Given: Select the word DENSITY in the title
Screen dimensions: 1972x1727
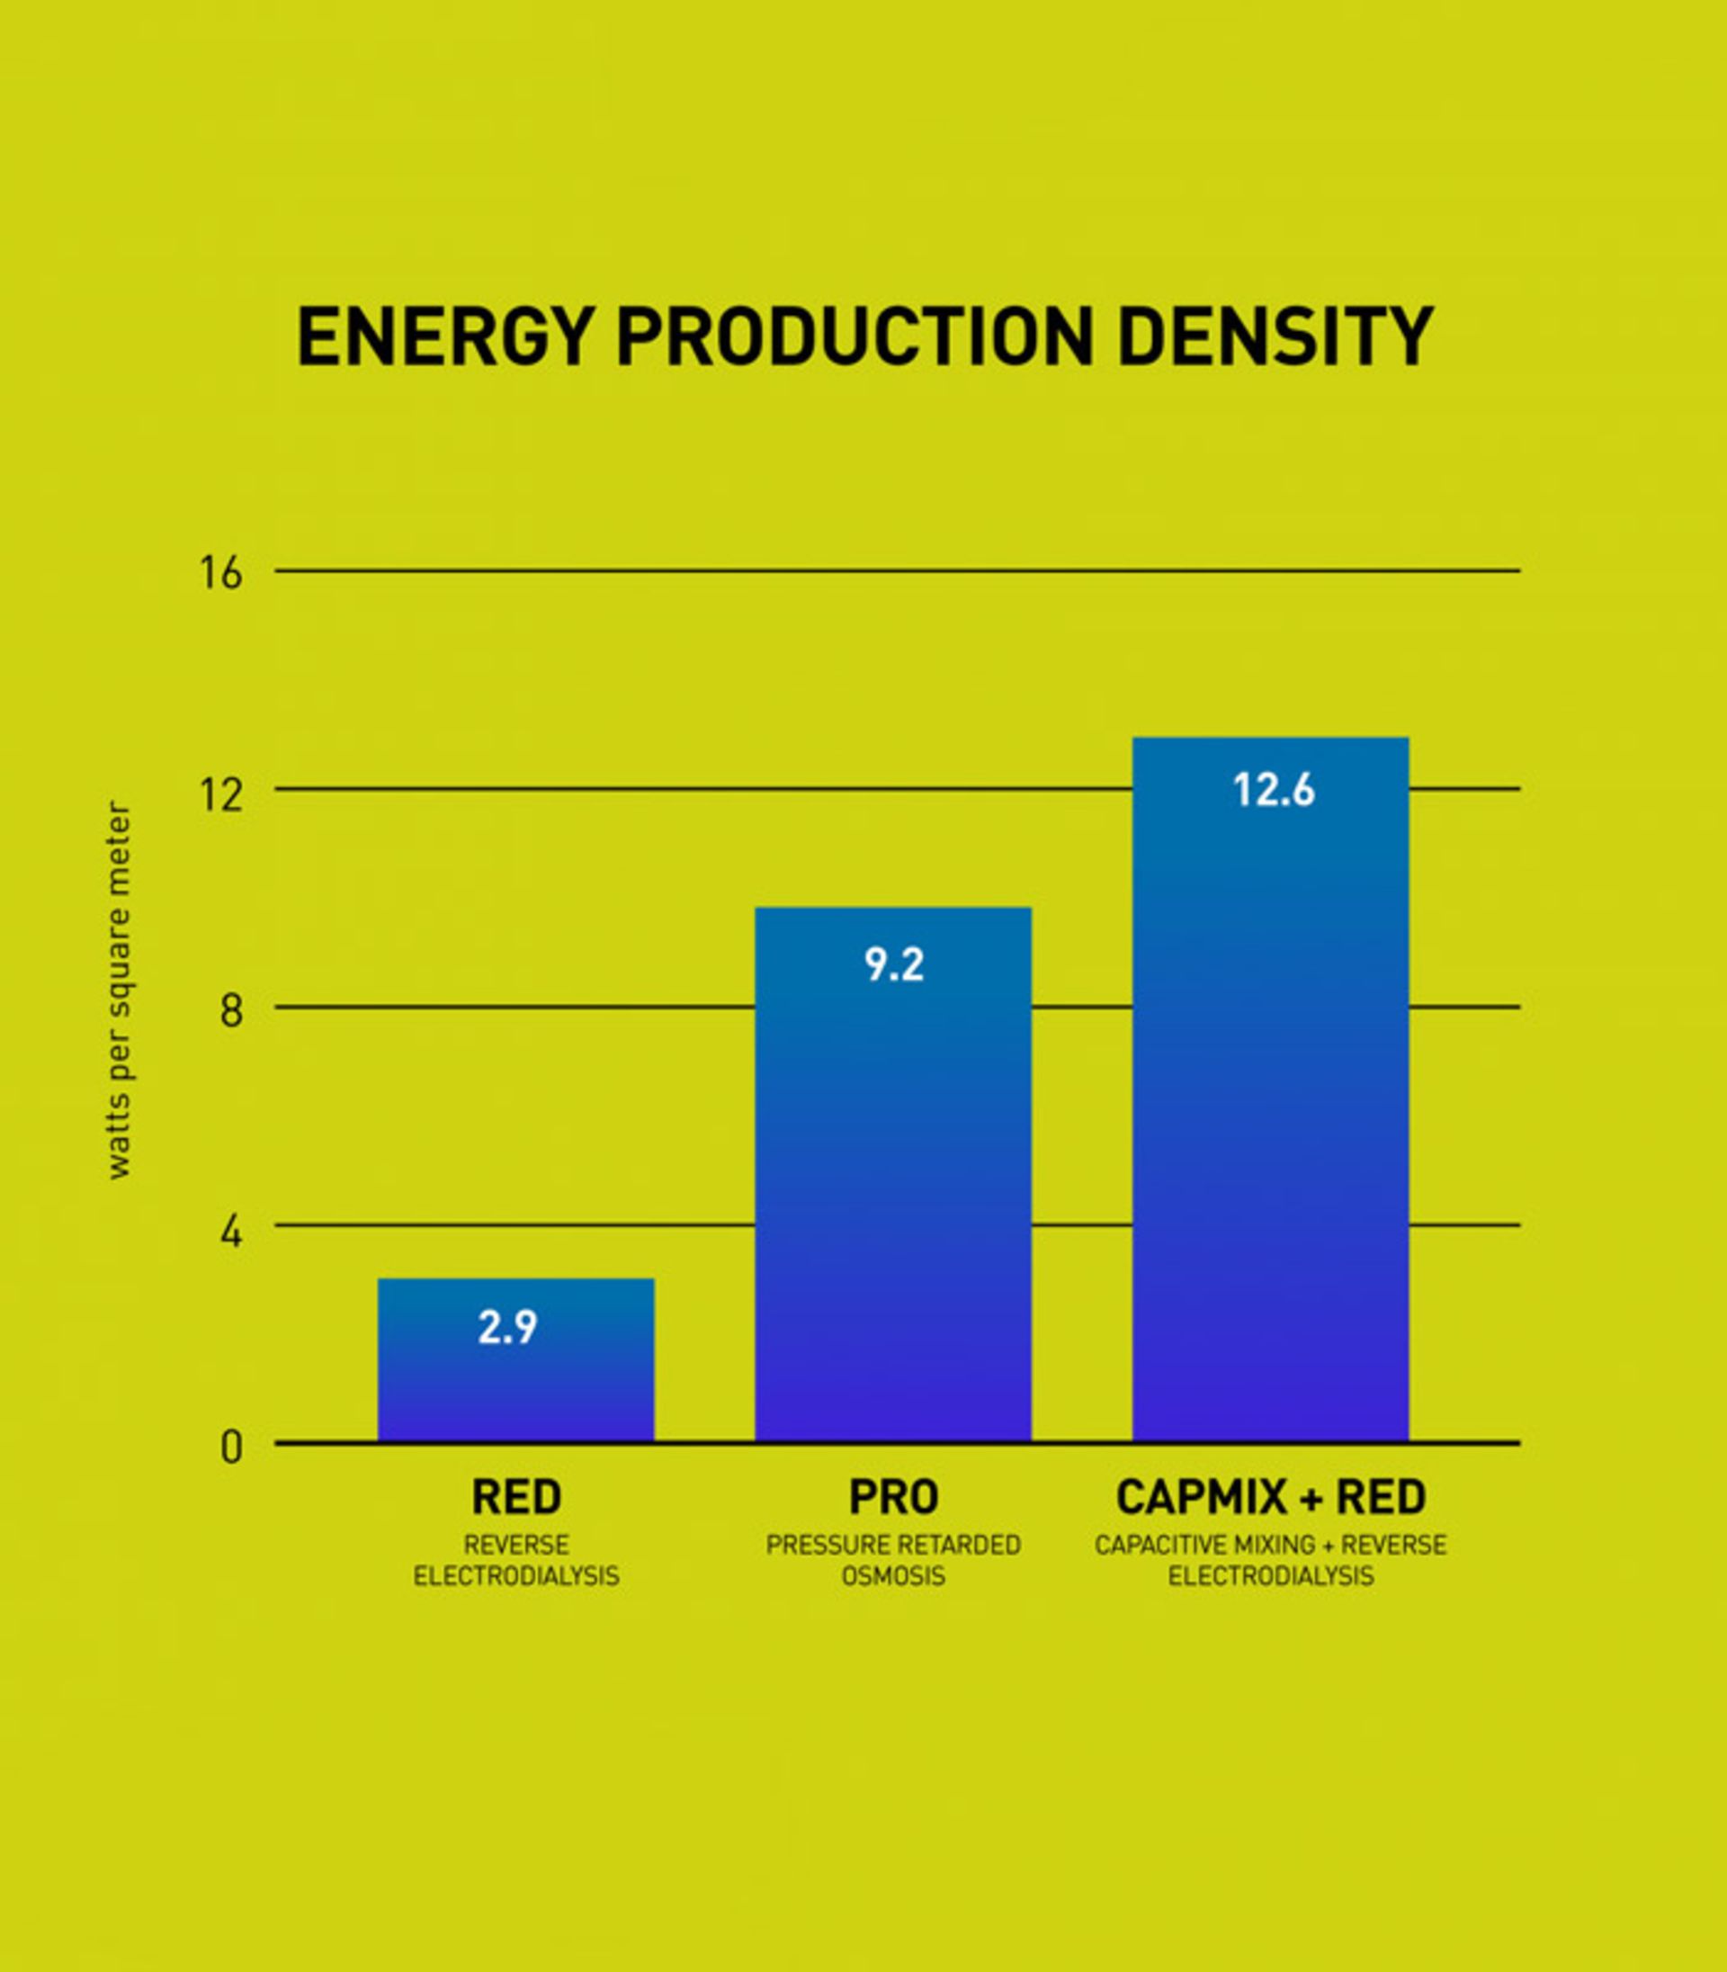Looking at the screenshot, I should [x=1275, y=337].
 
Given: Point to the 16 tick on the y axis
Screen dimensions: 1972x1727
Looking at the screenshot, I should [x=220, y=573].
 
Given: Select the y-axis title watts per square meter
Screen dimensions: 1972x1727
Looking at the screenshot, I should [x=118, y=990].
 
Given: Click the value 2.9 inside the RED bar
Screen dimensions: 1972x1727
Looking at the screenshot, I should [x=507, y=1328].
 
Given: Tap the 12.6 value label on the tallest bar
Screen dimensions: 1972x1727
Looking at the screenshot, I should [x=1274, y=791].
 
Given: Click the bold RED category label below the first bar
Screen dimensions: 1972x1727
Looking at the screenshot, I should [x=515, y=1498].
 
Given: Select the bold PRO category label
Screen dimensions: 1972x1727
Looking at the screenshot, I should [x=893, y=1498].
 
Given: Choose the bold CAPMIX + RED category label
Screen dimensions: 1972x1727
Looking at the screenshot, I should [x=1270, y=1498].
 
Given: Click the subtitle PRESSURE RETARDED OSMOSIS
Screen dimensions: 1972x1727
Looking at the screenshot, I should [x=893, y=1562].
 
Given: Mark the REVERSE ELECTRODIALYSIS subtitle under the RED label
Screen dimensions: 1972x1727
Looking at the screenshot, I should [x=515, y=1562].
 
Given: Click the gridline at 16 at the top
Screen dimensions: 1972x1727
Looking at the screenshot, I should [x=896, y=570].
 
